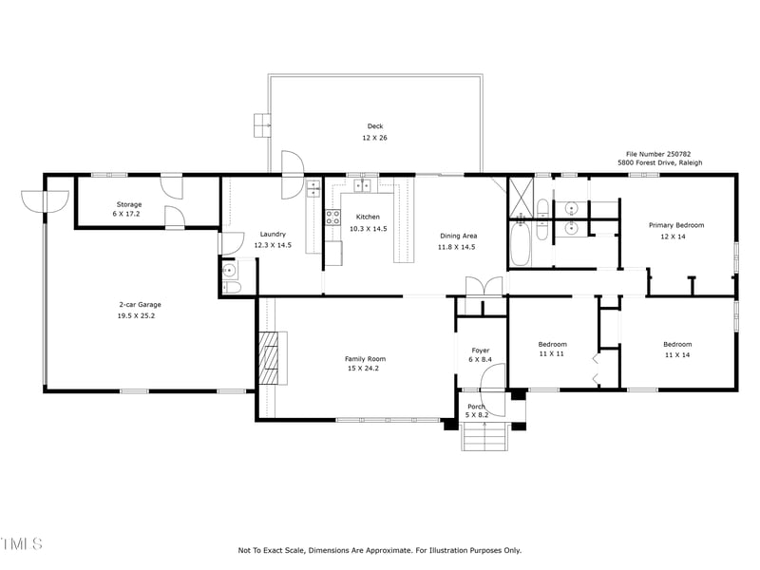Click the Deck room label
point(374,126)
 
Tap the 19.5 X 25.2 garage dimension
point(136,316)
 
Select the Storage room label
point(129,204)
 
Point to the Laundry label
point(273,234)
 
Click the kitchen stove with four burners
point(333,218)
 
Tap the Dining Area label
point(458,236)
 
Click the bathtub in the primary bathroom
point(520,243)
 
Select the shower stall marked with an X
point(521,198)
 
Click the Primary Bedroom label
point(676,225)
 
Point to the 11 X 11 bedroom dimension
point(552,353)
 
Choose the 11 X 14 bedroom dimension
point(677,354)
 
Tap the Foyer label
point(481,351)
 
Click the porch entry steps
point(484,436)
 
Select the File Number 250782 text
point(658,154)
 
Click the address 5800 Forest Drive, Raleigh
point(659,162)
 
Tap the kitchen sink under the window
point(362,185)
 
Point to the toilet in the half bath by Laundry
point(231,288)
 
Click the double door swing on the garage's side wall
point(45,201)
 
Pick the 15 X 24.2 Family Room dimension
point(363,369)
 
